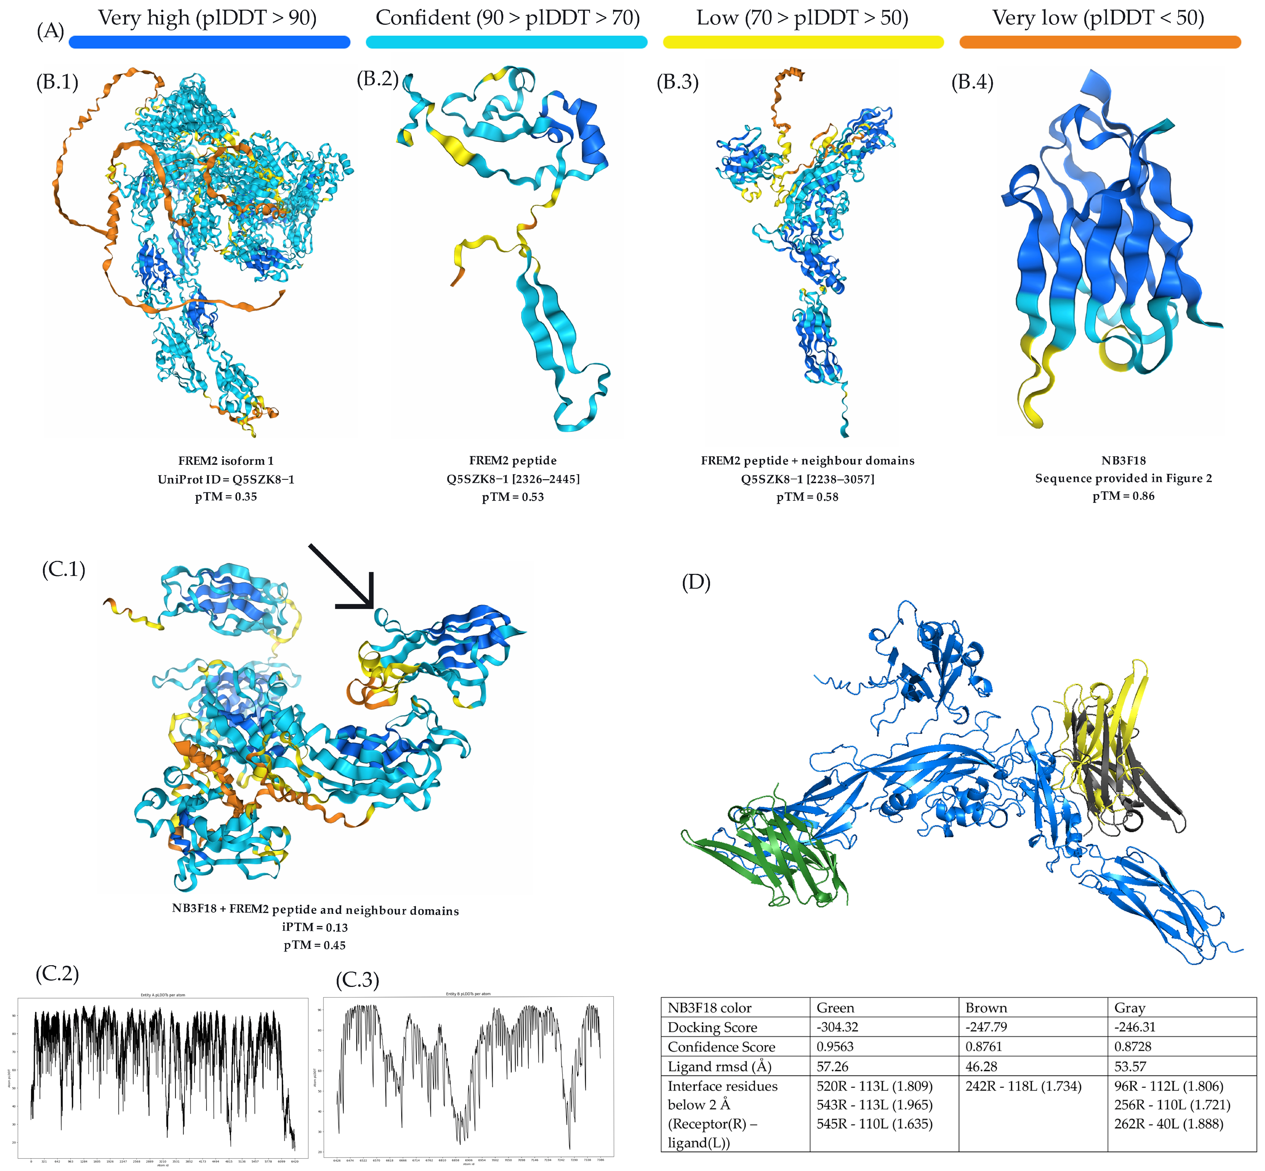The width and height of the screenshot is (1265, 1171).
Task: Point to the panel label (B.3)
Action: pyautogui.click(x=677, y=82)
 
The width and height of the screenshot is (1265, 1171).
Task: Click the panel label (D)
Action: pyautogui.click(x=696, y=582)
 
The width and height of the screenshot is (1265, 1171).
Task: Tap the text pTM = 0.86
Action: pyautogui.click(x=1123, y=496)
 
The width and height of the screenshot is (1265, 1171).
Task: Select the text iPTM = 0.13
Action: pyautogui.click(x=315, y=927)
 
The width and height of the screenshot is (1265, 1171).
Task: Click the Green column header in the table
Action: pyautogui.click(x=835, y=1008)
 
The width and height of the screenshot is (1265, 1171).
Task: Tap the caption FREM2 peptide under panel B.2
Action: pyautogui.click(x=513, y=461)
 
